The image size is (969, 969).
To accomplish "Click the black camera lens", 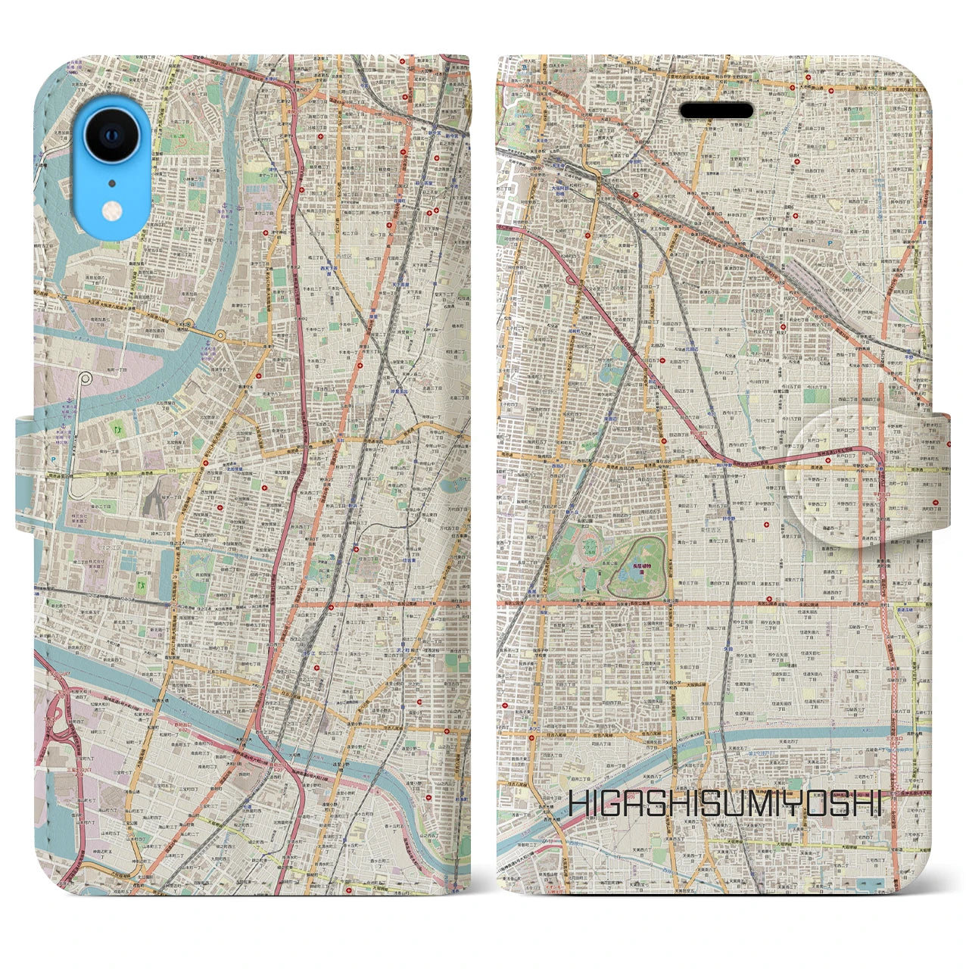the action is coord(111,136).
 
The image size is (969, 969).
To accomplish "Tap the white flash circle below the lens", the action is coord(111,208).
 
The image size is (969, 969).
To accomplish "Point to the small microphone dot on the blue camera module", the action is coord(111,182).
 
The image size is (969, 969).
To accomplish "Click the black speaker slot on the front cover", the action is coord(715,111).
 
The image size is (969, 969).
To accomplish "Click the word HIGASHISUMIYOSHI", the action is coord(725,804).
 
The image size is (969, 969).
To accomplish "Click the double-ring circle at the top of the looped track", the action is coord(86,378).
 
